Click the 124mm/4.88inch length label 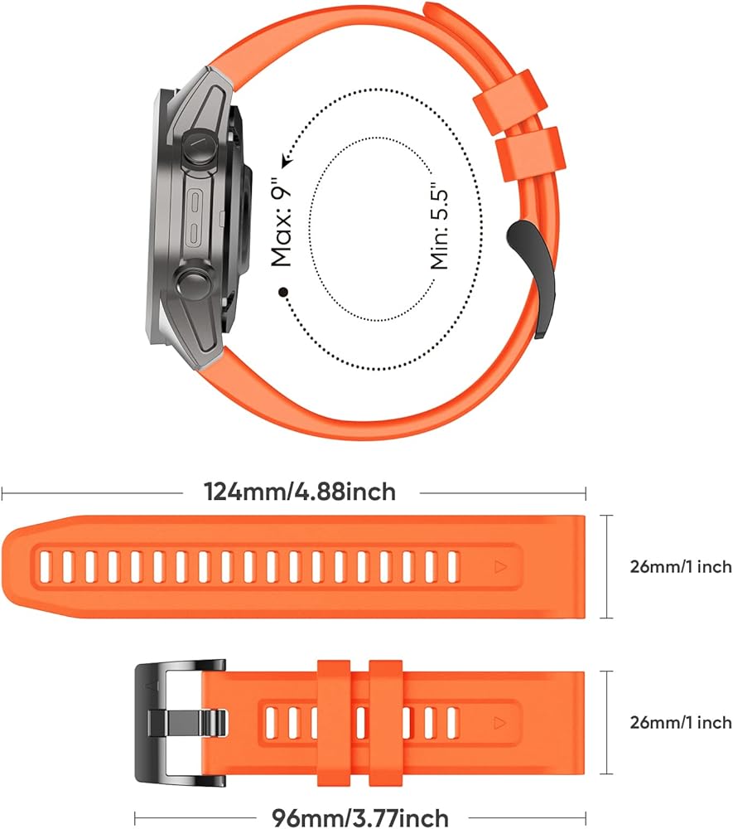pos(300,492)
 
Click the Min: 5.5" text pos(439,229)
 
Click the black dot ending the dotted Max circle pos(283,291)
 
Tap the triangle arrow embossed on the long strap pos(499,567)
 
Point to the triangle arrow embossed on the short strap pos(499,723)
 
